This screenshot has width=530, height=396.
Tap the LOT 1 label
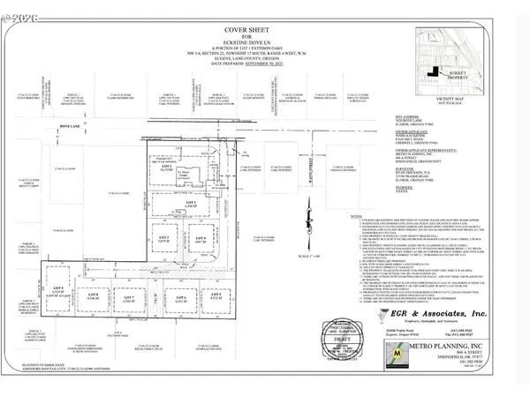(x=164, y=165)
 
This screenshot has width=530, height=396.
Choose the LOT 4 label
(x=200, y=238)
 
